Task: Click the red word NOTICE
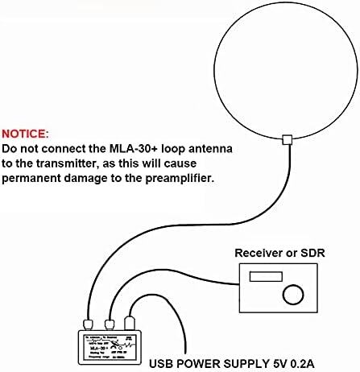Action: point(25,133)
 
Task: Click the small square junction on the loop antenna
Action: point(288,140)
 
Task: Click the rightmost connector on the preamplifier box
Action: point(130,323)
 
